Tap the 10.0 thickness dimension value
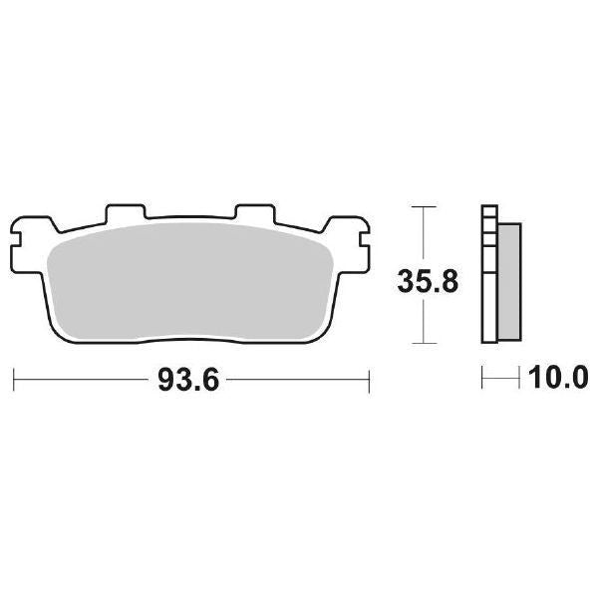[x=559, y=379]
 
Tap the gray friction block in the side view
[x=508, y=279]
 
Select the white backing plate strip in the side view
[x=488, y=299]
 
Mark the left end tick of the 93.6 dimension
[x=13, y=379]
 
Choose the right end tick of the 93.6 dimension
[x=370, y=379]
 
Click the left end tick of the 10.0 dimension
[x=482, y=379]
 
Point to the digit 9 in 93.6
[x=165, y=379]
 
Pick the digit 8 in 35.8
[x=449, y=281]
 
